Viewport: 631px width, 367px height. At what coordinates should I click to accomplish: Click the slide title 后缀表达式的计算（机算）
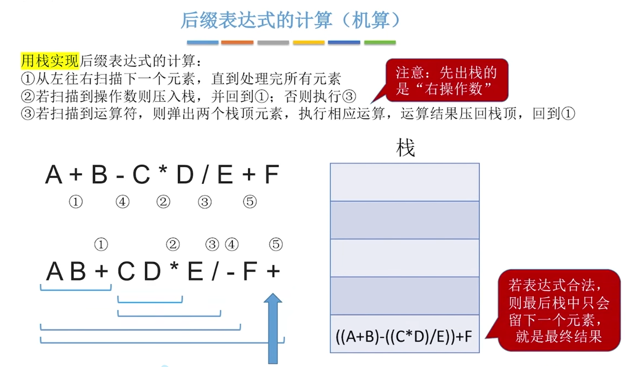[x=290, y=20]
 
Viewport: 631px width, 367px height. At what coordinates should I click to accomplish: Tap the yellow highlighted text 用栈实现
[x=50, y=61]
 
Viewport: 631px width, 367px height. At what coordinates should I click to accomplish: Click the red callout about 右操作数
[x=446, y=80]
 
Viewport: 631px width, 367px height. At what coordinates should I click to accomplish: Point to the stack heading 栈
[x=405, y=148]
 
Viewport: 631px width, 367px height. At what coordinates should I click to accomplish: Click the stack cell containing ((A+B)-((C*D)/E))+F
[x=404, y=334]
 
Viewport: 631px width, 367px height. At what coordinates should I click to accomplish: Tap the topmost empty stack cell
[x=404, y=182]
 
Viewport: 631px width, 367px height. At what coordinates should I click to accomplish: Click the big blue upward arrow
[x=273, y=328]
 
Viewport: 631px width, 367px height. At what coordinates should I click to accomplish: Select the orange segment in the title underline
[x=237, y=43]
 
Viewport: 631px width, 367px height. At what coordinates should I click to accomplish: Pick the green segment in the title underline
[x=380, y=43]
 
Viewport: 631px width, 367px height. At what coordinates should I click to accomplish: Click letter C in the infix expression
[x=141, y=175]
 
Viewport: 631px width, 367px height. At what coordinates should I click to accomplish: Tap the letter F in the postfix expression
[x=250, y=272]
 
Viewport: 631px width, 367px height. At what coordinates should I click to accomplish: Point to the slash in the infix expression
[x=205, y=175]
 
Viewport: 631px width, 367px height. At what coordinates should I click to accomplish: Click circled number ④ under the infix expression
[x=122, y=202]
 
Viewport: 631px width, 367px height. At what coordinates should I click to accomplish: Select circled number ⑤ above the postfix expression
[x=276, y=244]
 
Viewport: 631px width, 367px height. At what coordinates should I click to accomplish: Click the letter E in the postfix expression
[x=195, y=272]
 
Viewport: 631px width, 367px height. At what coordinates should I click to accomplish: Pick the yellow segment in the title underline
[x=309, y=43]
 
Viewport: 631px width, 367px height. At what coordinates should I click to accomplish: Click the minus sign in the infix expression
[x=120, y=177]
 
